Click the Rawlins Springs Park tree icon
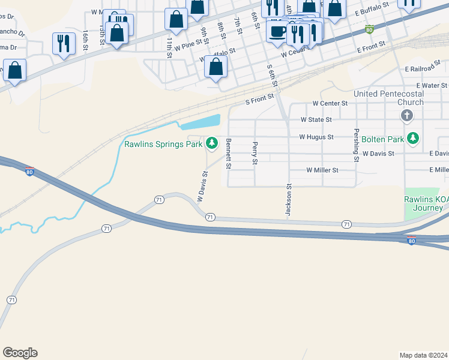211,143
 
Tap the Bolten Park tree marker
412,139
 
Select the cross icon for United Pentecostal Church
406,115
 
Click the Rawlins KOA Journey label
424,204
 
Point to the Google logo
20,353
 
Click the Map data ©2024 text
423,355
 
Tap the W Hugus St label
316,137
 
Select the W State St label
316,120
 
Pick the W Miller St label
322,170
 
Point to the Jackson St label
288,200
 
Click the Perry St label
255,153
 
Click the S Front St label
259,99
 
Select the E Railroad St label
425,70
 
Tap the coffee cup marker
277,31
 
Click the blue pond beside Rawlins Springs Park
201,122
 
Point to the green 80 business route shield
370,29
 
